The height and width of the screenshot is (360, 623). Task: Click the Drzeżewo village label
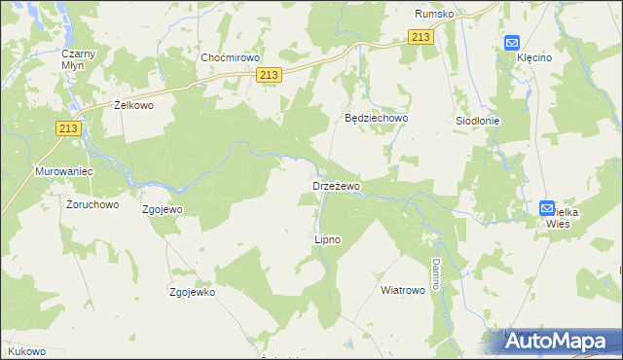coord(336,185)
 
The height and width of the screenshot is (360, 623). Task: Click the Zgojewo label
coord(163,209)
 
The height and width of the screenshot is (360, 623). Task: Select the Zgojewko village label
coord(192,292)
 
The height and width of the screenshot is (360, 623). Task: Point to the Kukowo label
coord(26,349)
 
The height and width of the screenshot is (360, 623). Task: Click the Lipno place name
coord(327,238)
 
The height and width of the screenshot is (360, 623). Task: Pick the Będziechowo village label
coord(377,118)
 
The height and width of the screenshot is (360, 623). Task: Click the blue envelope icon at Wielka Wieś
coord(547,208)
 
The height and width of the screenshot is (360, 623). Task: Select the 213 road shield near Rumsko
coord(420,37)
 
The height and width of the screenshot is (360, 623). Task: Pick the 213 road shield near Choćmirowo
coord(271,75)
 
